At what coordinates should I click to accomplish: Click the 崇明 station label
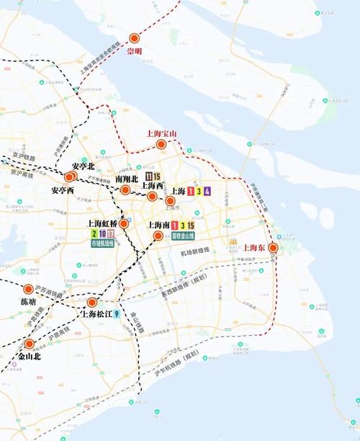point(135,52)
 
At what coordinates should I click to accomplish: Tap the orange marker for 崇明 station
point(135,39)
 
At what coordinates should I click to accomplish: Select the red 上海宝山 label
point(161,133)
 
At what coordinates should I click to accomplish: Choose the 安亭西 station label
point(63,190)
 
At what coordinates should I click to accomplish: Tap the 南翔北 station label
point(127,178)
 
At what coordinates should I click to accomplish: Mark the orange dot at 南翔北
point(125,190)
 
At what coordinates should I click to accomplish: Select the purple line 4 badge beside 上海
point(207,191)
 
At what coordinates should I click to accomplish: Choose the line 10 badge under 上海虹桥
point(103,234)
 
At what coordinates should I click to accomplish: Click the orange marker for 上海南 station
point(158,236)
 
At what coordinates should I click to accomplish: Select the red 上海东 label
point(254,248)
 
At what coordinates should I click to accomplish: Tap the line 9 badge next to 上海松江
point(117,313)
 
